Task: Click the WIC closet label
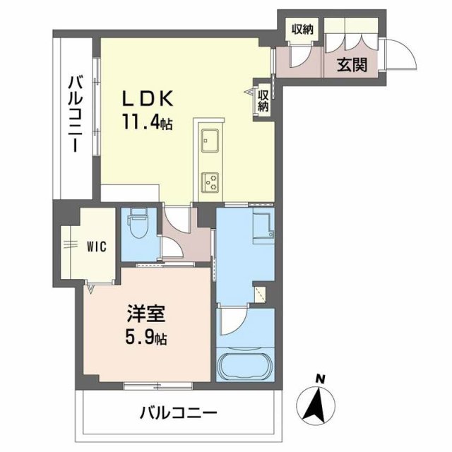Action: pos(97,246)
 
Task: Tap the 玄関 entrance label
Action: pos(351,65)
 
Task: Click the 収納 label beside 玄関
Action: pos(303,29)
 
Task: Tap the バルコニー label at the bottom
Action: pos(178,412)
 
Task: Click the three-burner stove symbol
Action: pos(211,182)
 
